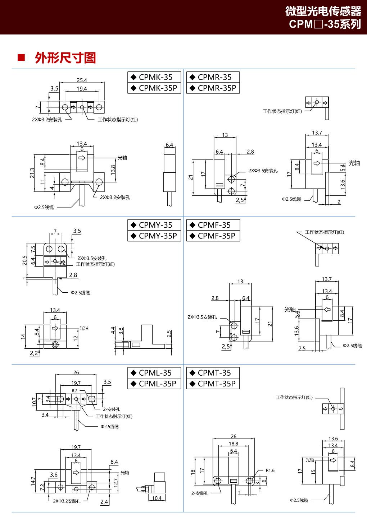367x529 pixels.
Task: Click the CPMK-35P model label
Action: tap(154, 88)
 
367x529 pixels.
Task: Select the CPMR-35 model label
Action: tap(213, 77)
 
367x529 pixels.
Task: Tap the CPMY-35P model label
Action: tap(154, 236)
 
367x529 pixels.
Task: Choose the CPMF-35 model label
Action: tap(213, 225)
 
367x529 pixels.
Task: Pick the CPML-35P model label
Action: tap(154, 384)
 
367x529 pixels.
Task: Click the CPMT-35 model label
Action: tap(213, 373)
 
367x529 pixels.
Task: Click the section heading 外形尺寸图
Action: tap(65, 58)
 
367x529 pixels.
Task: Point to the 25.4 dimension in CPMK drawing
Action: tap(82, 80)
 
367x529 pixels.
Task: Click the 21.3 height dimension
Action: tap(32, 173)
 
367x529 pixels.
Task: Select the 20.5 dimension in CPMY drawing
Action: tap(24, 260)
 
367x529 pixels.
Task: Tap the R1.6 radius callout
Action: tap(270, 470)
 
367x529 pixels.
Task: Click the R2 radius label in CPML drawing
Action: tap(74, 390)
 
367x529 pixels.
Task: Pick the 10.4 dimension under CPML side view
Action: tap(157, 498)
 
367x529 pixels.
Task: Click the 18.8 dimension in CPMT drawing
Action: tap(234, 444)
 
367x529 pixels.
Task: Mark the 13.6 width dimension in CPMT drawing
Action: tap(333, 438)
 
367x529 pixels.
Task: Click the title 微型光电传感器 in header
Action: tap(323, 11)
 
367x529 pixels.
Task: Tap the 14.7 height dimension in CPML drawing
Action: tap(33, 481)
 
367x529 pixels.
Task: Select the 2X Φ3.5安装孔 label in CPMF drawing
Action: tap(202, 317)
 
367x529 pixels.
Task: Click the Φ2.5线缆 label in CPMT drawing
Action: tap(299, 500)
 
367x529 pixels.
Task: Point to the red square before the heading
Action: tap(21, 57)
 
